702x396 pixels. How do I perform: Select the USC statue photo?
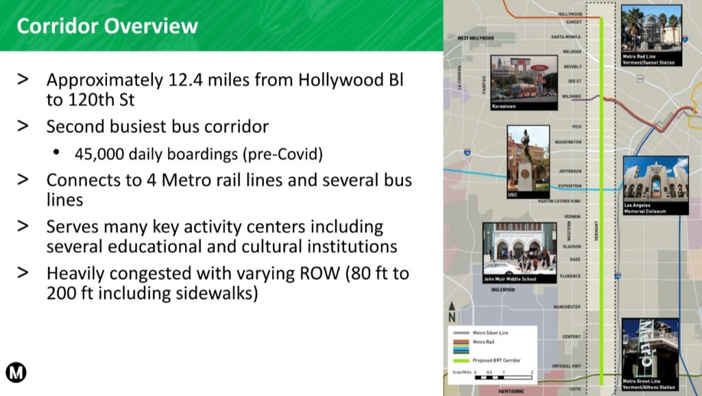[528, 159]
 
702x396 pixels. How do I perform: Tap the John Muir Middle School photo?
[519, 252]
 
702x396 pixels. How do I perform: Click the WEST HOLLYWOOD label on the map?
[476, 38]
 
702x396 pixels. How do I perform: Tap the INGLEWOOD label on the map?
[503, 290]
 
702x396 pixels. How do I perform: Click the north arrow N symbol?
[451, 314]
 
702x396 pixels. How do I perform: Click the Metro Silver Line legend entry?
[494, 333]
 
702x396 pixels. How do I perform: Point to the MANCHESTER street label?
[567, 307]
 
